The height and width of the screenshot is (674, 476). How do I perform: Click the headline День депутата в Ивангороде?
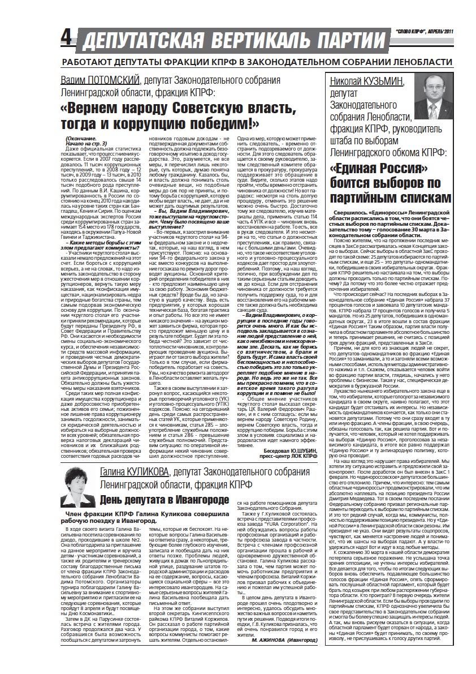(165, 499)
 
